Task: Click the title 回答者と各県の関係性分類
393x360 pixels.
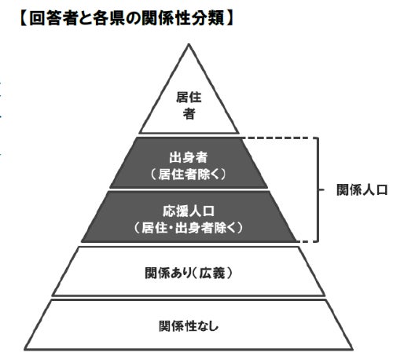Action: (127, 19)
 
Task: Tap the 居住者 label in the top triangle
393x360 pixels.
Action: (189, 105)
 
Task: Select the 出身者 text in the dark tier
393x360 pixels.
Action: (189, 157)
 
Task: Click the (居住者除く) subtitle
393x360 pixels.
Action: (189, 174)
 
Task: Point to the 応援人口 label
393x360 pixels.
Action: (189, 211)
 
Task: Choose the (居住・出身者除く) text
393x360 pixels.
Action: (189, 228)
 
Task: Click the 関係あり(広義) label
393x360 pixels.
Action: (189, 273)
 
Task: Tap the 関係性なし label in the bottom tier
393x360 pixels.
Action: (189, 326)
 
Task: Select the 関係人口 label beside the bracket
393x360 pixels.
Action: (362, 189)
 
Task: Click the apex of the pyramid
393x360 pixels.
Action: (189, 45)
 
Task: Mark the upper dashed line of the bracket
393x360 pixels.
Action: (279, 138)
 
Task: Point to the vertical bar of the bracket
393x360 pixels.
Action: (318, 189)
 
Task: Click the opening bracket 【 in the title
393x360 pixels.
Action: (24, 19)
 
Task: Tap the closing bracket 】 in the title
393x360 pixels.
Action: (230, 19)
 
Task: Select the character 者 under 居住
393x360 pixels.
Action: (189, 114)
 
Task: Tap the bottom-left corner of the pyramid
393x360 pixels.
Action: (24, 349)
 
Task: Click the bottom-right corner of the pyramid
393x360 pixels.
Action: (353, 349)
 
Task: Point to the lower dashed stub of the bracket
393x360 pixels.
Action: (307, 241)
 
